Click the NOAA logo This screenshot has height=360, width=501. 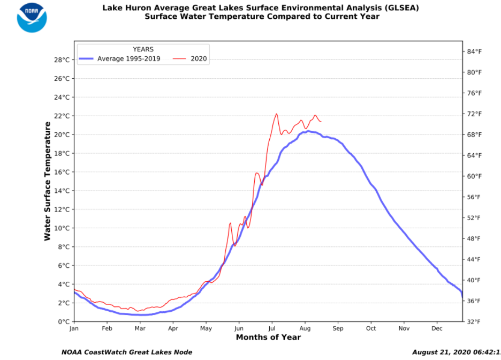pos(32,17)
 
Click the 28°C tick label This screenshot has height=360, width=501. pos(60,60)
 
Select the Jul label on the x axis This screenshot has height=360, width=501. pos(272,328)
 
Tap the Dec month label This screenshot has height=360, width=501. pos(437,328)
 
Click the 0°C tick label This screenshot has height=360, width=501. pos(63,321)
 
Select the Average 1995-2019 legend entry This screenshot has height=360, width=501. pos(131,59)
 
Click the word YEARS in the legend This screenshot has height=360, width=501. pos(143,49)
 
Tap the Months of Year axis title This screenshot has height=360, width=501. pos(268,337)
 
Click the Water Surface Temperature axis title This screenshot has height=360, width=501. pos(48,181)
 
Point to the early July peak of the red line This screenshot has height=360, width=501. pos(276,114)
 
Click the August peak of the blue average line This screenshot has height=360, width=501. pos(308,131)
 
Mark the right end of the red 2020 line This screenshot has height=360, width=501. pos(321,122)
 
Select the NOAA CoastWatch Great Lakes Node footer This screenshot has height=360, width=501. pos(127,352)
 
